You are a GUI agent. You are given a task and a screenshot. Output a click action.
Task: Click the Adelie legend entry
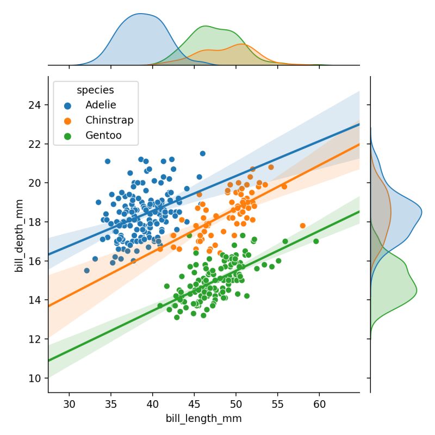click(101, 104)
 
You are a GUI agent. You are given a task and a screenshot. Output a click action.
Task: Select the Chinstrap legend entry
click(109, 120)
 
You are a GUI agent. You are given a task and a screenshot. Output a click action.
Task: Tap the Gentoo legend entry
click(103, 135)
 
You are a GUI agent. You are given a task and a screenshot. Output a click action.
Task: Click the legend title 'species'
click(95, 90)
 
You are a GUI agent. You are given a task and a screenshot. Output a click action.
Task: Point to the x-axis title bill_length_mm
click(203, 419)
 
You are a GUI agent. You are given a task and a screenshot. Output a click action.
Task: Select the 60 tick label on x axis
click(319, 405)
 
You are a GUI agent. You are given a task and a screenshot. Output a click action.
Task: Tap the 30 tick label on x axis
click(69, 405)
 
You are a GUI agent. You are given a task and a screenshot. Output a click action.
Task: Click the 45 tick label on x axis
click(194, 405)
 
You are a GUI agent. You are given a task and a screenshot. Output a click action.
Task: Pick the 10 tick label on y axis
click(36, 378)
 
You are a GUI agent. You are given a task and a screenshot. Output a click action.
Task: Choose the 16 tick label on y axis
click(36, 261)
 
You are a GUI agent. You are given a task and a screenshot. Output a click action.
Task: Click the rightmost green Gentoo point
click(316, 241)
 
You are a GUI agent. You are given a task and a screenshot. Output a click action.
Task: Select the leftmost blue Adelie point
click(86, 270)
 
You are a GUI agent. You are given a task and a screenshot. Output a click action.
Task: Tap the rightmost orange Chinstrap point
click(303, 226)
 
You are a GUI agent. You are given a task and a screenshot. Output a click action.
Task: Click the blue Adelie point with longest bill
click(203, 153)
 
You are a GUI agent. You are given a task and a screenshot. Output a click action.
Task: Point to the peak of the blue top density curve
click(140, 15)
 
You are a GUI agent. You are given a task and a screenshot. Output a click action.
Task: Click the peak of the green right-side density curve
click(417, 290)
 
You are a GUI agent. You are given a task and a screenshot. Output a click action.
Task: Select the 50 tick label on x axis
click(236, 405)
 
